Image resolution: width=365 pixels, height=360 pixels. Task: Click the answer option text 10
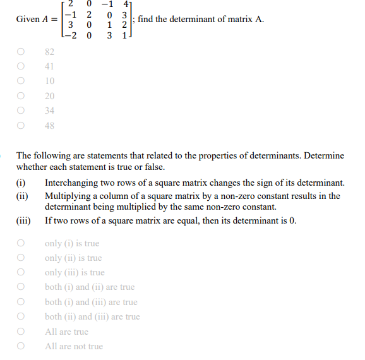50,81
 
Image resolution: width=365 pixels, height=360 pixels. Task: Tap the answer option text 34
50,111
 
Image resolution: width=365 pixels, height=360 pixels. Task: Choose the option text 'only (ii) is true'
73,258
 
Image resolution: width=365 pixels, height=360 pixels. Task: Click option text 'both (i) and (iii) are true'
91,302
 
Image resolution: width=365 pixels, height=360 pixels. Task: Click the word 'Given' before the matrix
28,19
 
